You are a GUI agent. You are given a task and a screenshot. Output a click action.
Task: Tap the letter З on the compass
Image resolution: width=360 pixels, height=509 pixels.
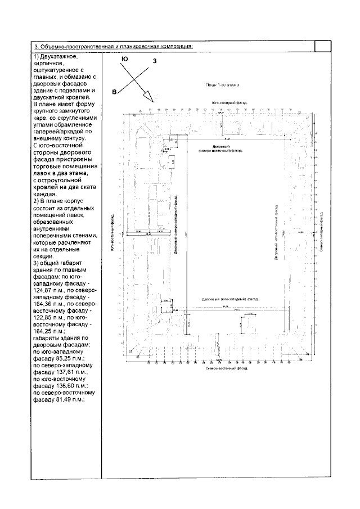(x=154, y=61)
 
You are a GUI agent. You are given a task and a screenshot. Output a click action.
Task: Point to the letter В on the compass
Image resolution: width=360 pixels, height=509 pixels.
(x=114, y=92)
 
